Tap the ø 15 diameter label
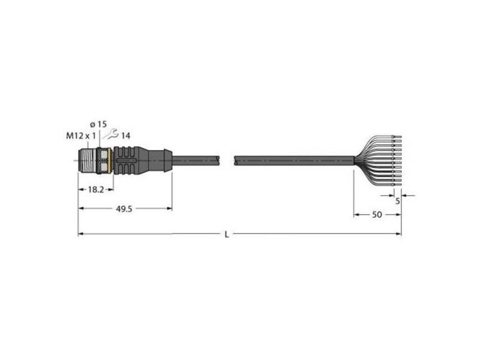pos(98,124)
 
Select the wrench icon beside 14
pos(112,134)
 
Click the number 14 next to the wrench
pos(125,136)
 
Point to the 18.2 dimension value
pos(96,190)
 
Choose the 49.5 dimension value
pos(124,209)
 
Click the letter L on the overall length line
pos(227,235)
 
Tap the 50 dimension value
pos(377,215)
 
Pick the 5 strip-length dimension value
pos(398,201)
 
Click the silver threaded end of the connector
pos(87,161)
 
